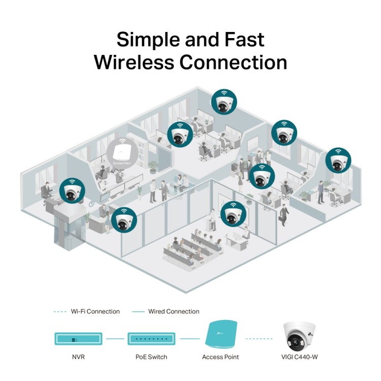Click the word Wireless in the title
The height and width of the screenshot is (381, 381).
click(x=133, y=62)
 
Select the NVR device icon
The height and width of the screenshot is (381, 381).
click(x=78, y=338)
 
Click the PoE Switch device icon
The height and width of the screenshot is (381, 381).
click(x=151, y=338)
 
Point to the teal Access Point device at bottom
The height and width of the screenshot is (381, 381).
click(x=220, y=335)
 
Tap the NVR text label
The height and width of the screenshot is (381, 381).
click(x=78, y=357)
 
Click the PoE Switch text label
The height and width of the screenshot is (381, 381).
click(x=151, y=357)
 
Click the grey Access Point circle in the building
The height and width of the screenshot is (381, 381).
click(x=122, y=152)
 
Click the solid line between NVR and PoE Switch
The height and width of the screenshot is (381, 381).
click(x=115, y=338)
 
